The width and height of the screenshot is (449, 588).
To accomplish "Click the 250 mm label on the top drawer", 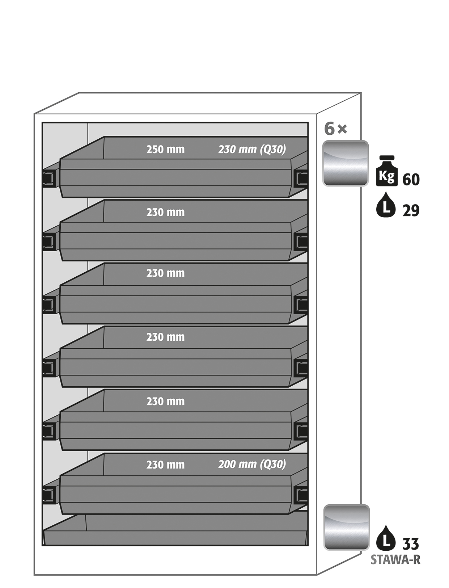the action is [x=165, y=150].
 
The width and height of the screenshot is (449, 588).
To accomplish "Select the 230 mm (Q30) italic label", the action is [x=252, y=150].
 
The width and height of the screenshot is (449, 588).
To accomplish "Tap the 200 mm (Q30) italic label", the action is [x=252, y=464].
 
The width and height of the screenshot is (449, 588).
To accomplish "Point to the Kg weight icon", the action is [x=387, y=171].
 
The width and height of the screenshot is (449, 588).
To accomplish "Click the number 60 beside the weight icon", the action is [x=411, y=180].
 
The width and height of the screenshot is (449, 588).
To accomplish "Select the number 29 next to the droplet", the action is [x=411, y=211].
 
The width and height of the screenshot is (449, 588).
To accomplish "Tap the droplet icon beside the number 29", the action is [x=386, y=205].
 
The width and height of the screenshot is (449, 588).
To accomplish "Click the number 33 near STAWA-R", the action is [x=411, y=544].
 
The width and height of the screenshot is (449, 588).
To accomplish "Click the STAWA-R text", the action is [x=395, y=559].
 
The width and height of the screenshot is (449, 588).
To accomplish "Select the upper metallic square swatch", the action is [x=346, y=163].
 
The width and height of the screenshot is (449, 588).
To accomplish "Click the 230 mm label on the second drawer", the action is [x=165, y=213].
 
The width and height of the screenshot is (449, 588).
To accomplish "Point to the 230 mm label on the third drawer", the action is [x=165, y=273].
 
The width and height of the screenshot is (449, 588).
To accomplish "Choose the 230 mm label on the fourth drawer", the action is [x=165, y=337].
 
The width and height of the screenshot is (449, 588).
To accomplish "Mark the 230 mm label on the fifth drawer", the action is [x=165, y=402].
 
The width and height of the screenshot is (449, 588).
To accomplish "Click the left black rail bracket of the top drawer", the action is [x=49, y=178].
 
